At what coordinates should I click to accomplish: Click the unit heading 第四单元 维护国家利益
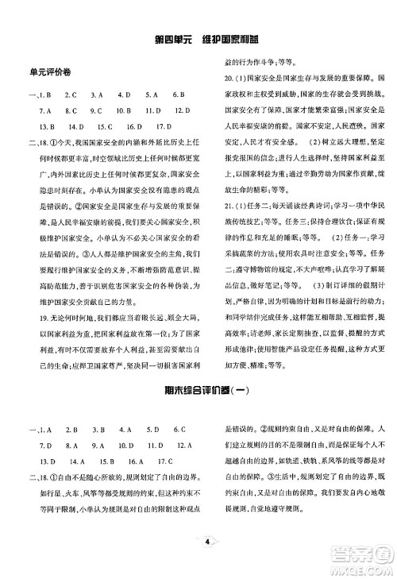click(x=198, y=39)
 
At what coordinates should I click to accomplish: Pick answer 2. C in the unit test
click(x=69, y=95)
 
